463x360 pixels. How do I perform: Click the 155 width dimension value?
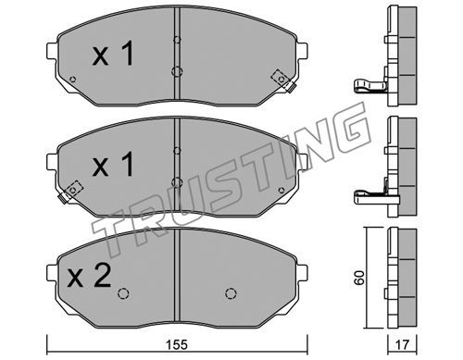[x=177, y=344]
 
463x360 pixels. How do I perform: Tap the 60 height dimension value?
[x=359, y=278]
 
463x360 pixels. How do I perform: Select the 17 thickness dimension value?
[x=402, y=344]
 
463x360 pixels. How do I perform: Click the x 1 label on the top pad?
[x=113, y=54]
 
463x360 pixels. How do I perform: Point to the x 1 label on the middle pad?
[x=113, y=164]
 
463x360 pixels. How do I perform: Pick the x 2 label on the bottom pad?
[x=90, y=276]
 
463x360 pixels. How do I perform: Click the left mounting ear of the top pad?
[x=52, y=51]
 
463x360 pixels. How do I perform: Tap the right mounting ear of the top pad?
[x=302, y=51]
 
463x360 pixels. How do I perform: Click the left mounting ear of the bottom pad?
[x=52, y=273]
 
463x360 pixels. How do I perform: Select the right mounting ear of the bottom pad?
[x=302, y=273]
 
